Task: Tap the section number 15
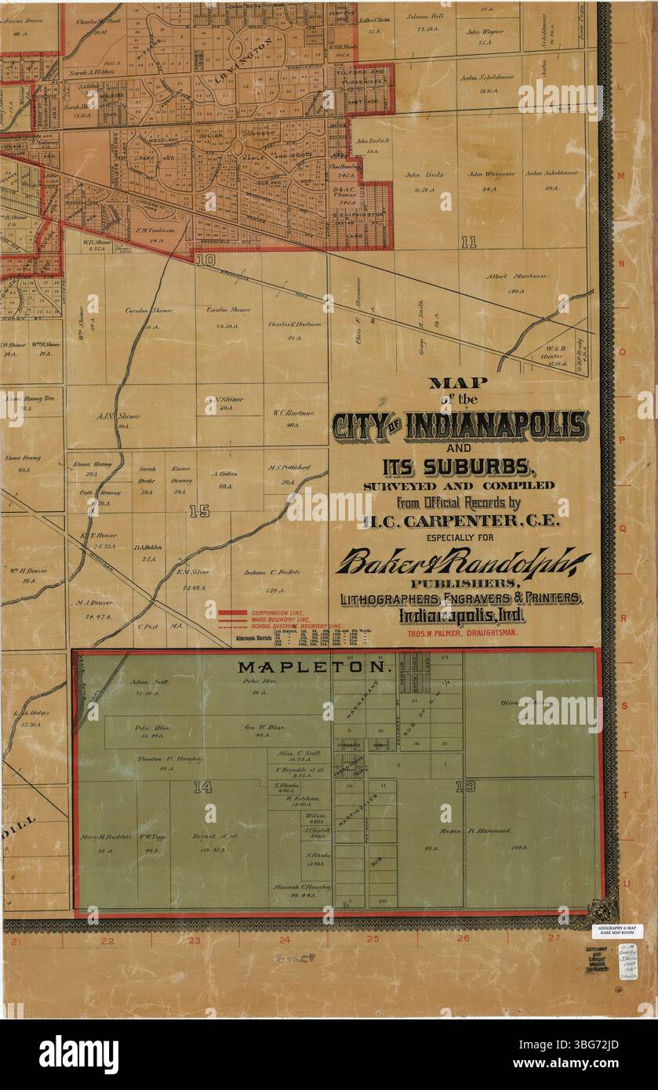coord(199,511)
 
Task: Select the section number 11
coord(468,242)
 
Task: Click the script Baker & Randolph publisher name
coord(463,562)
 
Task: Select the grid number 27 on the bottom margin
coord(554,938)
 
